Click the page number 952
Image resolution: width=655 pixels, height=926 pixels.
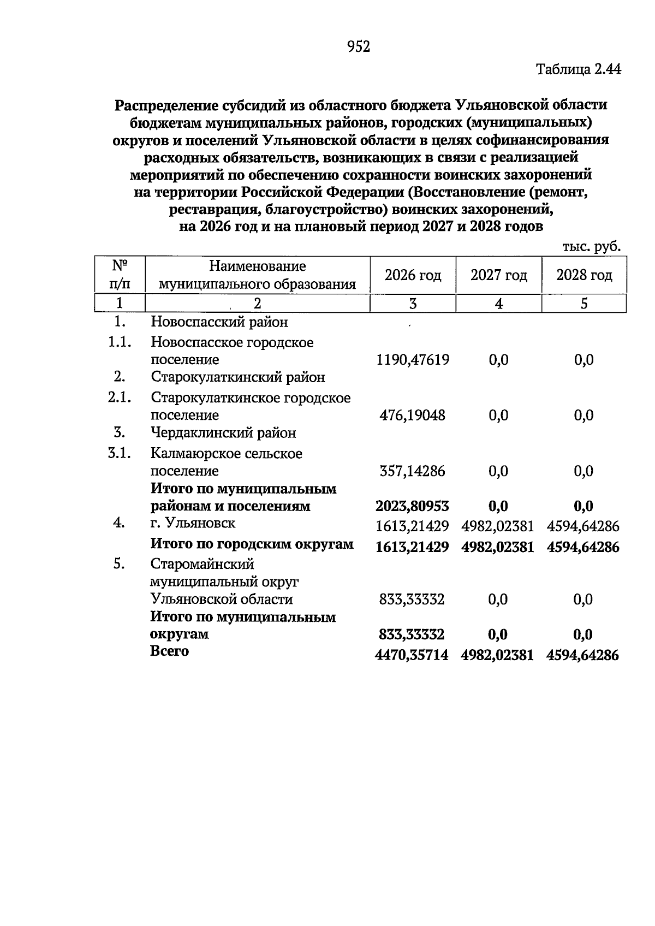pos(359,48)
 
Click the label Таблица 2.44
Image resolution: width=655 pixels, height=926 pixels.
pos(579,70)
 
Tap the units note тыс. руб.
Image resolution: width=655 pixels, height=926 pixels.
pos(592,247)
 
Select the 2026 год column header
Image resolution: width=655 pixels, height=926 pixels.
pos(413,276)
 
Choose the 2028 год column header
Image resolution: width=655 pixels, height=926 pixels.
pos(584,276)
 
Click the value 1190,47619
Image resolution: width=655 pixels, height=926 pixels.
pos(413,360)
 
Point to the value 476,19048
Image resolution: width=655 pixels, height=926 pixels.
pos(412,415)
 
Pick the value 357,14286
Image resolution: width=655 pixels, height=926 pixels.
pos(412,471)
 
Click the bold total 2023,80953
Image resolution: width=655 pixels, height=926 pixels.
pos(412,507)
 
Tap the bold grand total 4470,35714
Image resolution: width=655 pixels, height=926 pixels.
pos(412,655)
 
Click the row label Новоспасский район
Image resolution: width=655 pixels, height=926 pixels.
pos(219,322)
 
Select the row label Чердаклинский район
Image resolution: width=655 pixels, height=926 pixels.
pos(223,433)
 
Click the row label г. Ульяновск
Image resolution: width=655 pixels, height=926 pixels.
pos(193,523)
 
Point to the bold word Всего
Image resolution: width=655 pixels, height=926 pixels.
pos(170,651)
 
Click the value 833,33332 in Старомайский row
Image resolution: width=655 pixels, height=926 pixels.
pos(412,599)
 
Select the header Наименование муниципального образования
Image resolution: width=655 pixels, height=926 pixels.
pos(257,276)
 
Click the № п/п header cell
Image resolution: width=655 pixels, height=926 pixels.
pos(120,276)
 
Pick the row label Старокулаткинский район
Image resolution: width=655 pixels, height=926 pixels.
pos(237,377)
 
